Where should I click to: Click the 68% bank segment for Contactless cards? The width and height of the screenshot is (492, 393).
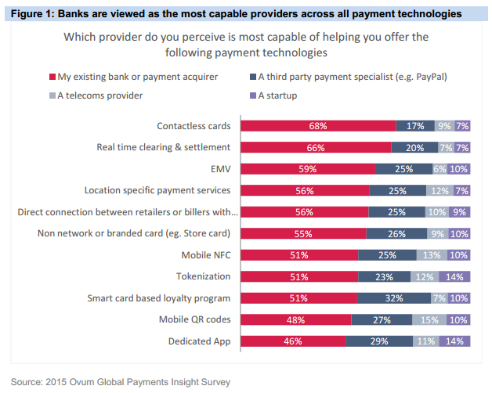point(317,125)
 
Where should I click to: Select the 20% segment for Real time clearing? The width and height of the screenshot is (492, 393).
point(414,146)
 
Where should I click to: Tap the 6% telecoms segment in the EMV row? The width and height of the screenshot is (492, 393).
point(439,168)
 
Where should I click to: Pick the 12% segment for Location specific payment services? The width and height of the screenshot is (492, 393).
point(440,190)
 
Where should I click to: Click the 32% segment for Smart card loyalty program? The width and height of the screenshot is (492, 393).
point(394,297)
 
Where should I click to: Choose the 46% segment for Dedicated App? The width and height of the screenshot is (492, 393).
point(293,341)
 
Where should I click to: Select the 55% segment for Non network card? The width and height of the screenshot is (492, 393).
point(303,233)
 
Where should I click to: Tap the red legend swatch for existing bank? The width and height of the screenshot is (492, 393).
point(52,77)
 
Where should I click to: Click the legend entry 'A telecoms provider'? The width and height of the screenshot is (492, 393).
point(99,96)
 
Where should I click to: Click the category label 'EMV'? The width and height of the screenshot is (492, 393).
point(221,168)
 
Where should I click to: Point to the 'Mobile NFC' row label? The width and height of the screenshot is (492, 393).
point(205,254)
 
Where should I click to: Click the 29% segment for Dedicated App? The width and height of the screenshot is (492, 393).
point(379,341)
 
